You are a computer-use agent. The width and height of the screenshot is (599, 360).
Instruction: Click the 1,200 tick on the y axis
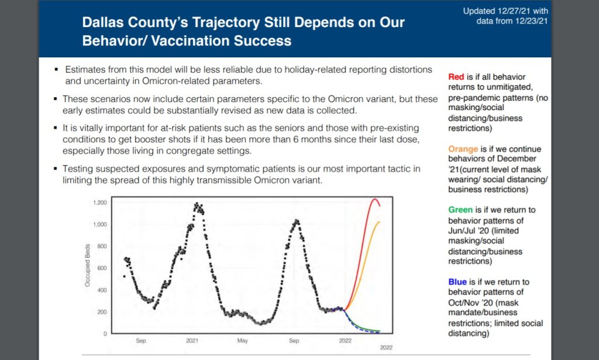tap(100, 203)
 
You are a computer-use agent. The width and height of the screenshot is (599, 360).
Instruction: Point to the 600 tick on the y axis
tap(102, 268)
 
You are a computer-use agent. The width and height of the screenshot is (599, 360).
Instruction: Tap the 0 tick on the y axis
tap(105, 334)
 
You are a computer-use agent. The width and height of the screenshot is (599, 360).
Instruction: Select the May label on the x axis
tap(243, 341)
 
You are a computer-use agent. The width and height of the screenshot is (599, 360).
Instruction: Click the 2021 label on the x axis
tap(192, 341)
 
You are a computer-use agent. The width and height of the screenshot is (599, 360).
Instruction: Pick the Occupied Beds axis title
tap(88, 265)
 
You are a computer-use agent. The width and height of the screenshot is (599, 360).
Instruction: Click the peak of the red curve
tap(374, 198)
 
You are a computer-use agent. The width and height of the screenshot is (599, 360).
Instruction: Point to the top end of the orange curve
tap(379, 222)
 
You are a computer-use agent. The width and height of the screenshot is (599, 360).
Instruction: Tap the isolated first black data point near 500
tap(124, 276)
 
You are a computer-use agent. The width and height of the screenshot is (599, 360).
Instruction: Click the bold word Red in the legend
tap(456, 77)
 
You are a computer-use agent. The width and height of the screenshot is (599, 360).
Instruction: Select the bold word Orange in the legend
tap(463, 149)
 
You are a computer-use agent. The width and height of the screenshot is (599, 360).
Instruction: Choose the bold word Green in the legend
tap(460, 210)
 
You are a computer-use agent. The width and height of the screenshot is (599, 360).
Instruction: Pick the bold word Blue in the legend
tap(457, 282)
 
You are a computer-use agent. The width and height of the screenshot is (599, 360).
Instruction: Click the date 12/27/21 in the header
tap(512, 11)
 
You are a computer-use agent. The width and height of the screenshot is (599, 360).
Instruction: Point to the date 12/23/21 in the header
tap(531, 21)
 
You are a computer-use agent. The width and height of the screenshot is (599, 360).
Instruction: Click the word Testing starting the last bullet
tap(78, 169)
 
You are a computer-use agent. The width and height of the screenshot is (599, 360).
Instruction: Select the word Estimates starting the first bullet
tap(85, 70)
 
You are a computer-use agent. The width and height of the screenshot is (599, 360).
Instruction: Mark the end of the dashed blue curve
tap(379, 332)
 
